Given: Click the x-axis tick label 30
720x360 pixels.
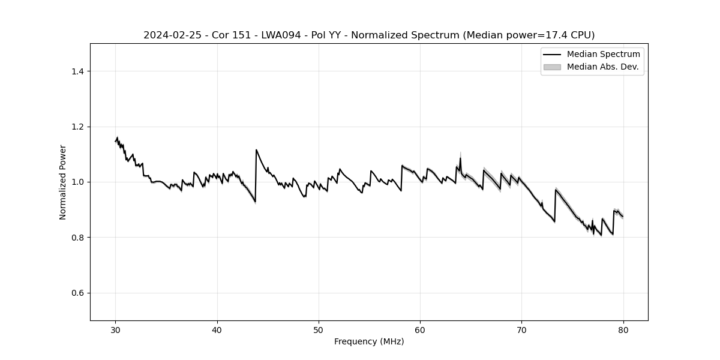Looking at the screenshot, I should tap(116, 330).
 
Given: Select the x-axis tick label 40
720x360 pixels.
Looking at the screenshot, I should tap(217, 330).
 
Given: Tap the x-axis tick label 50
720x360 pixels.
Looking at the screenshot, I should tap(319, 330).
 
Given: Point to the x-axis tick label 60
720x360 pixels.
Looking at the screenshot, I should tap(420, 330).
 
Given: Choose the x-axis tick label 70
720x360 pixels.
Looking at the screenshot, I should tap(521, 330).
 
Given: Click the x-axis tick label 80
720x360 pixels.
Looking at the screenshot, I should tap(623, 330).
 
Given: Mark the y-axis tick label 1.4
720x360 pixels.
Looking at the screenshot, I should tap(77, 71).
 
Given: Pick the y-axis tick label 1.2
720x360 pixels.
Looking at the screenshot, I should tap(77, 127).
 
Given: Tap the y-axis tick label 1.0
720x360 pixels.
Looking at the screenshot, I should tap(77, 182).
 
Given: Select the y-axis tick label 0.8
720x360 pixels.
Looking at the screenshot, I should tap(77, 238).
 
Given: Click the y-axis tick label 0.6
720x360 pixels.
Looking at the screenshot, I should tap(77, 293).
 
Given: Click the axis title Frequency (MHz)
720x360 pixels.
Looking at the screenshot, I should tap(369, 341).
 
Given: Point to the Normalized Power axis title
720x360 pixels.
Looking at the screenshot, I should tap(63, 182).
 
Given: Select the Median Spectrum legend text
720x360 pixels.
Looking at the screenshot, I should tap(603, 55).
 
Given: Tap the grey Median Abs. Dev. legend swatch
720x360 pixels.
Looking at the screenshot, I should tap(551, 67).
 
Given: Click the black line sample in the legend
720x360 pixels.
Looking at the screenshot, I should tap(551, 55).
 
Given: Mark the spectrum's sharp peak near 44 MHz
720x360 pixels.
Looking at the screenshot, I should tap(256, 150).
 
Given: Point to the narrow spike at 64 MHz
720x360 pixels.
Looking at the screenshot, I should tap(460, 158).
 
